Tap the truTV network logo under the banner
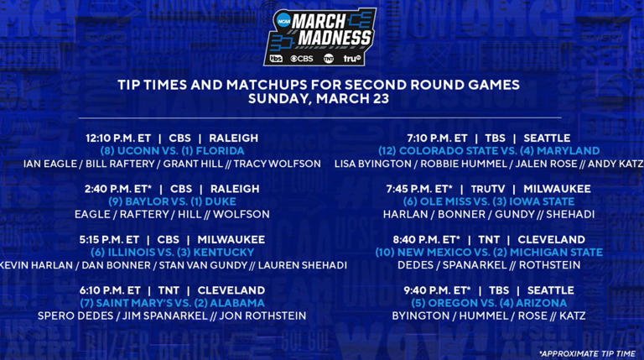coord(352,59)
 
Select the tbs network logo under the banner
coord(276,59)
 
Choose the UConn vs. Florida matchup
coord(172,151)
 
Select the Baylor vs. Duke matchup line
coord(172,201)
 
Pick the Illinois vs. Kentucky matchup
coord(172,252)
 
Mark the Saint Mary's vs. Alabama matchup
coord(172,303)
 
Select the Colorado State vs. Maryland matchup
coord(489,151)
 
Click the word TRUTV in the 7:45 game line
coord(487,189)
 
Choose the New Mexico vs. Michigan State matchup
coord(489,252)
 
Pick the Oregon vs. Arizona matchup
coord(489,303)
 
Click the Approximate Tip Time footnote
coord(586,353)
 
